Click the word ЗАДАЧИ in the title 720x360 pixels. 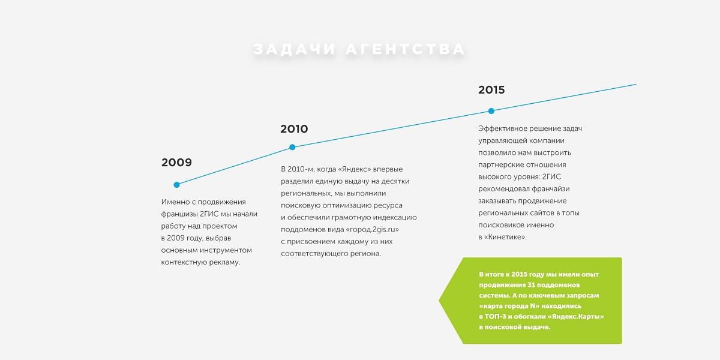[x=295, y=49]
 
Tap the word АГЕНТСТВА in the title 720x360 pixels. [x=406, y=49]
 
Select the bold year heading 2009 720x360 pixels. [x=176, y=163]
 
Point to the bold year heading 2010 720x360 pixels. [x=294, y=129]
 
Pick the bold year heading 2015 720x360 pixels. [x=491, y=89]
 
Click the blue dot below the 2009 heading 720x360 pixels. [x=176, y=185]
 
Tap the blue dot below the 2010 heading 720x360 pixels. [x=292, y=147]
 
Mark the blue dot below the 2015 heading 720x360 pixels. [x=491, y=111]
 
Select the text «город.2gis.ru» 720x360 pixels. [x=372, y=229]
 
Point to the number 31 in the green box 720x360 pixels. [x=531, y=285]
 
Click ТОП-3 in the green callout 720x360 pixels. [x=495, y=317]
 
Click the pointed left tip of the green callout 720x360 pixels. [x=439, y=301]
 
